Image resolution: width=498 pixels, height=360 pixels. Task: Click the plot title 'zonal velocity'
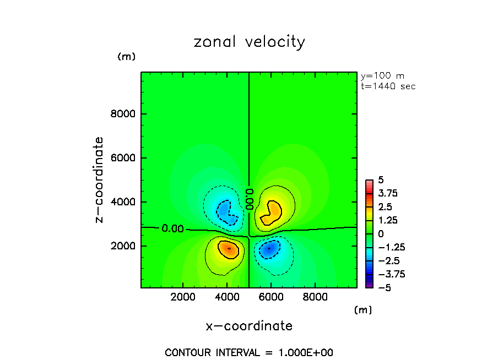click(x=249, y=42)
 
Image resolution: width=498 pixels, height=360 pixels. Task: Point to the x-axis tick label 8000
click(x=314, y=297)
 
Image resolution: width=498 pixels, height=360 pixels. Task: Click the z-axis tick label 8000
click(x=125, y=114)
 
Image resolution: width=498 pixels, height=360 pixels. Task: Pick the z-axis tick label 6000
click(x=125, y=158)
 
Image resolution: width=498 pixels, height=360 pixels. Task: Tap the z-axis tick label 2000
click(x=125, y=246)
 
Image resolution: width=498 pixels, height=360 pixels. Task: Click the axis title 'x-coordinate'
click(x=249, y=326)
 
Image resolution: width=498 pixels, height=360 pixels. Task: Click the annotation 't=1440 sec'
click(x=387, y=86)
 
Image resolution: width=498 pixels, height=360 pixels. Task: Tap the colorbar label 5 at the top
click(x=381, y=181)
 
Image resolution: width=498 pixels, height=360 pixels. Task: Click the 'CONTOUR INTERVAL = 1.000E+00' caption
click(x=249, y=352)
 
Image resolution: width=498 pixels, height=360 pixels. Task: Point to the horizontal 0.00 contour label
click(x=173, y=228)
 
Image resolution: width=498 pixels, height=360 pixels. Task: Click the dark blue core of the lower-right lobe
click(x=269, y=248)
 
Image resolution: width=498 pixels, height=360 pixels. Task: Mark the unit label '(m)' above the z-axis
click(x=126, y=57)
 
